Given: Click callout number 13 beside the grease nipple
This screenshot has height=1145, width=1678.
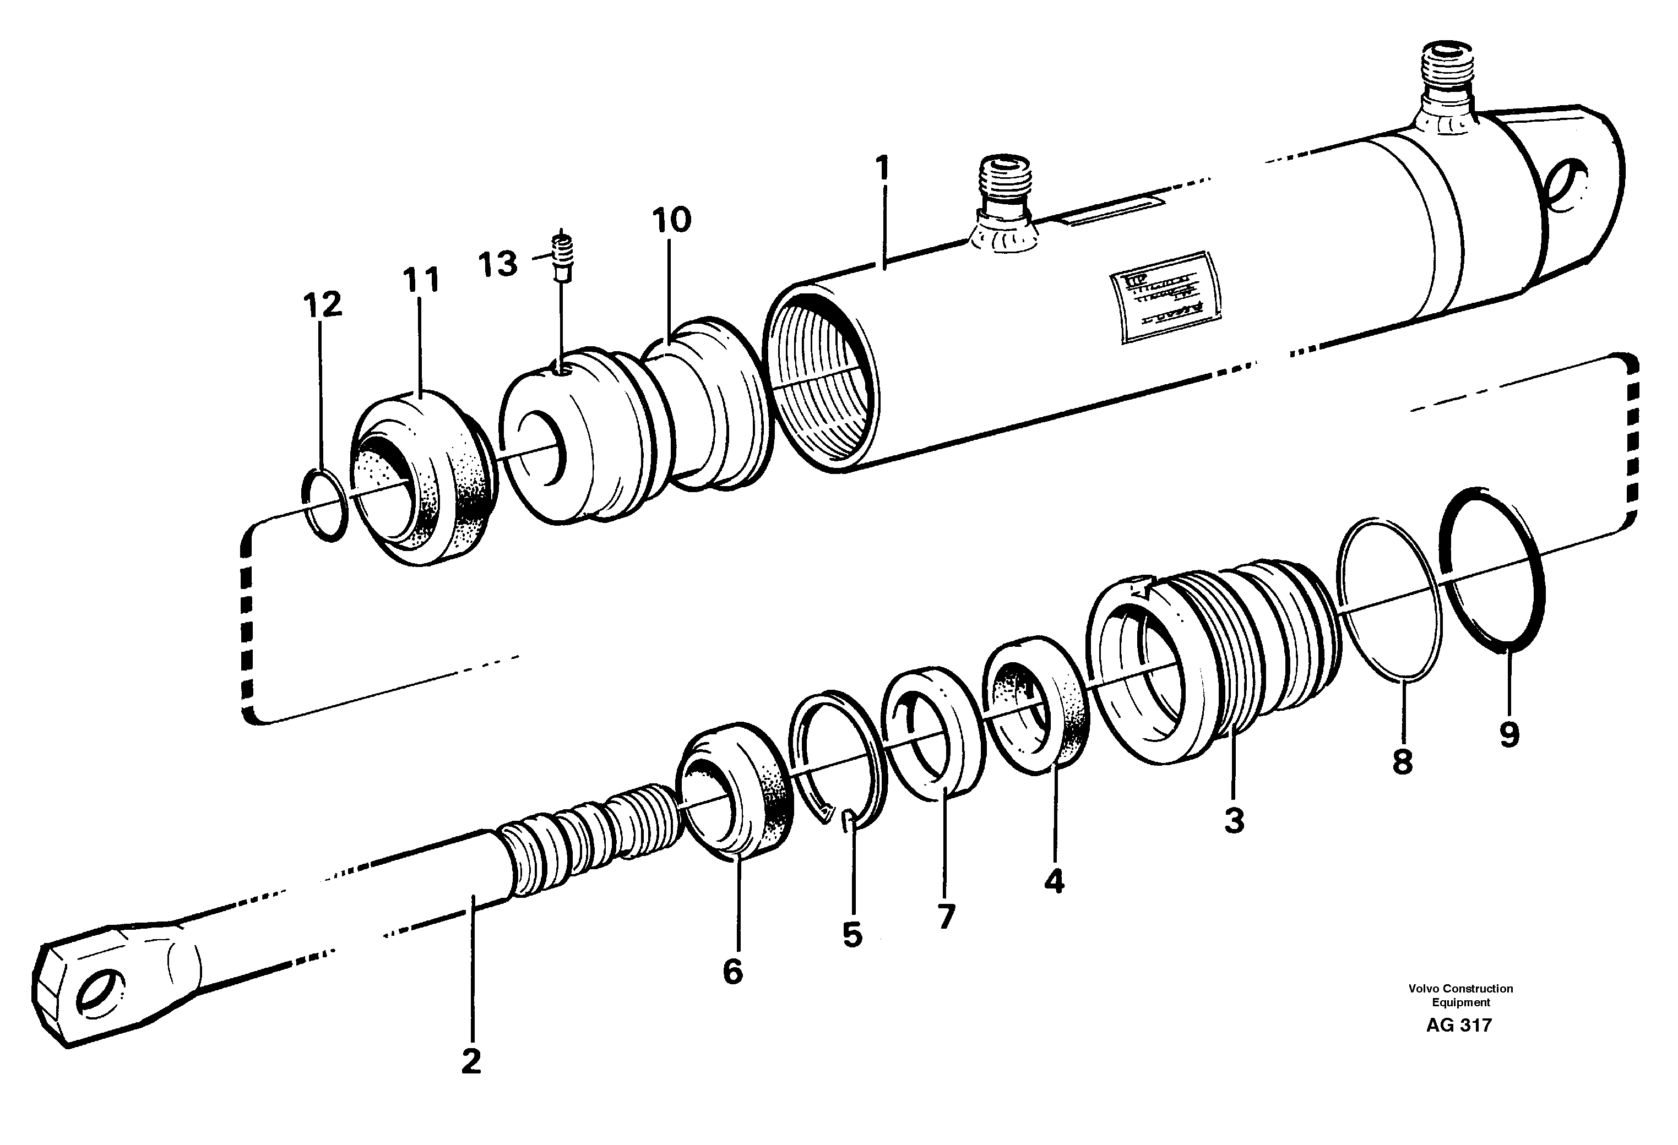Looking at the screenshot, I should pyautogui.click(x=498, y=264).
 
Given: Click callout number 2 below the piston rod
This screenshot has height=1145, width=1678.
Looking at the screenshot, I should pyautogui.click(x=471, y=1061).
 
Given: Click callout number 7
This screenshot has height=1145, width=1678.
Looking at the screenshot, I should pyautogui.click(x=945, y=917).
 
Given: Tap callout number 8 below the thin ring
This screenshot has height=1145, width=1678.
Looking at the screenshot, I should pyautogui.click(x=1402, y=762).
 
